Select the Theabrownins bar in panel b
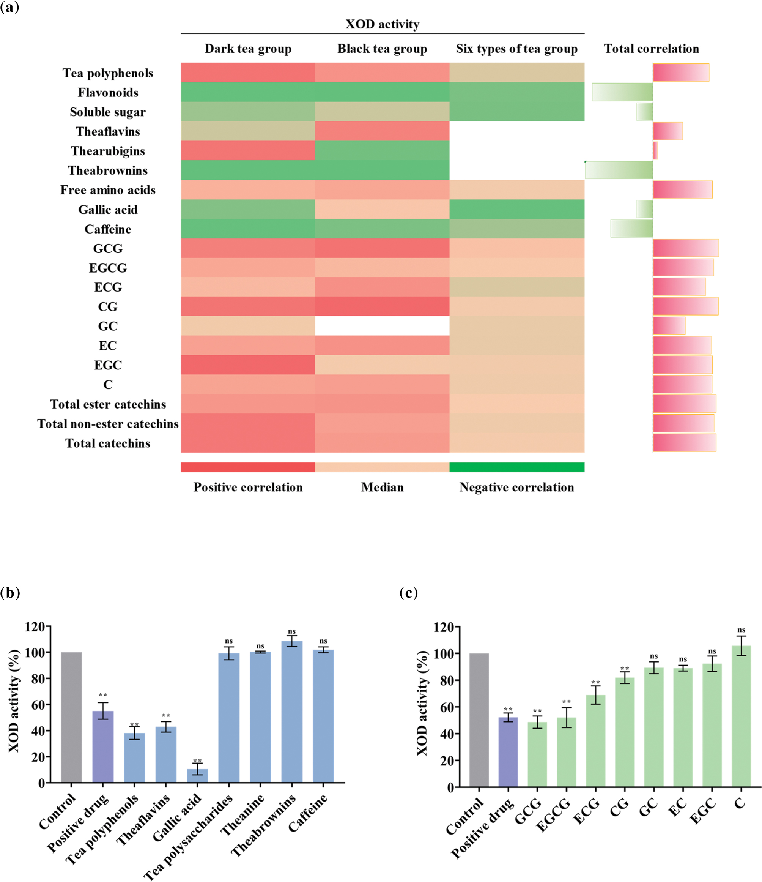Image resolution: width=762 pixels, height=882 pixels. pyautogui.click(x=292, y=711)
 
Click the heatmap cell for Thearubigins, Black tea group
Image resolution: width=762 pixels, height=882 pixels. pyautogui.click(x=382, y=151)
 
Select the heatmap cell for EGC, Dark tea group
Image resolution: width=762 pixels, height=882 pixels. pyautogui.click(x=248, y=365)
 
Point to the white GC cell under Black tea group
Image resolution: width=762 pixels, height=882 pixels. pyautogui.click(x=382, y=326)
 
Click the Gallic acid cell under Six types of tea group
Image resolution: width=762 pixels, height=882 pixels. pyautogui.click(x=516, y=209)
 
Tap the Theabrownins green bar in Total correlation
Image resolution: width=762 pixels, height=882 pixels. pyautogui.click(x=619, y=170)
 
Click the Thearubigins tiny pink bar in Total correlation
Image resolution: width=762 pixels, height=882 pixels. pyautogui.click(x=656, y=151)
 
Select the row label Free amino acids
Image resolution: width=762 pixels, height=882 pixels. pyautogui.click(x=108, y=190)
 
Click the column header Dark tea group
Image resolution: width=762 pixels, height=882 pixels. pyautogui.click(x=248, y=49)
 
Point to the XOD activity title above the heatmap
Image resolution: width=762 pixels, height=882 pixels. pyautogui.click(x=382, y=24)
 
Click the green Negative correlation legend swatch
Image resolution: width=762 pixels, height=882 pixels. pyautogui.click(x=516, y=467)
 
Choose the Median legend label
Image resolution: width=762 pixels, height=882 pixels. pyautogui.click(x=382, y=487)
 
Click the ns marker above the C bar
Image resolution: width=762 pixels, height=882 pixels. pyautogui.click(x=741, y=630)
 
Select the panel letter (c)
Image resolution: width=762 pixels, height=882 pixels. pyautogui.click(x=408, y=593)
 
